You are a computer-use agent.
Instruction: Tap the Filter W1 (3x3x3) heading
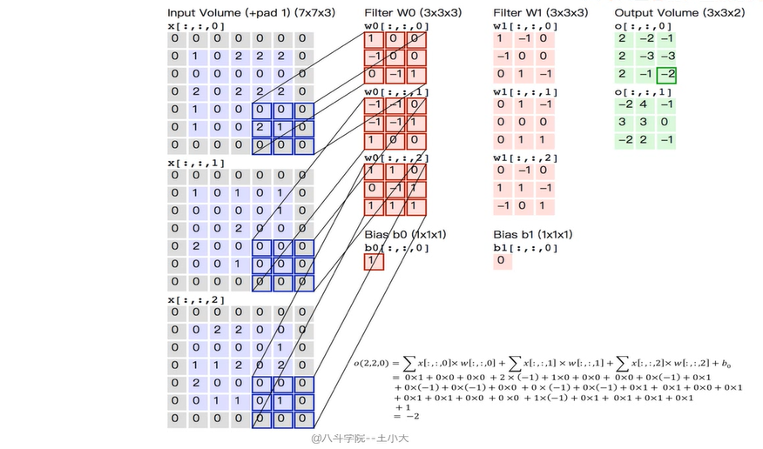[x=540, y=12]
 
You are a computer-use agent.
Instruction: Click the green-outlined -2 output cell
[x=666, y=75]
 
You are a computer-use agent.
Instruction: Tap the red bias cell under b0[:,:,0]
[x=373, y=261]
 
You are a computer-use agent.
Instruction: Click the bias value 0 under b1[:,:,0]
[x=501, y=260]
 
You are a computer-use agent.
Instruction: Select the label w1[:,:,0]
[x=521, y=26]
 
